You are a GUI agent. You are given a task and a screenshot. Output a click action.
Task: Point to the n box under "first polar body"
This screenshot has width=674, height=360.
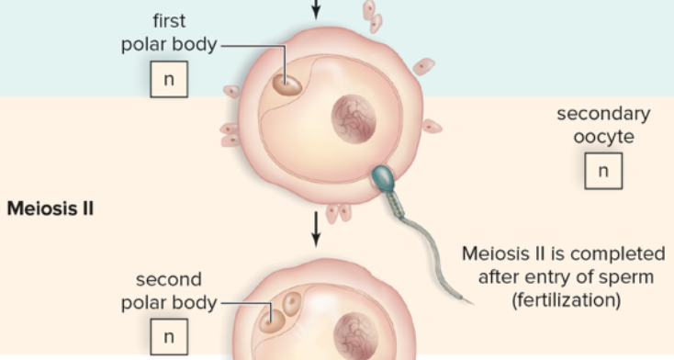(x=169, y=79)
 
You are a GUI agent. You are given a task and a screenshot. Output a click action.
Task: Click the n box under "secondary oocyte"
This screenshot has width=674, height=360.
(x=602, y=171)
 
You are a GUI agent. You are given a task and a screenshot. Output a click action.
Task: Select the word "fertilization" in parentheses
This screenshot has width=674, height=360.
(x=563, y=299)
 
